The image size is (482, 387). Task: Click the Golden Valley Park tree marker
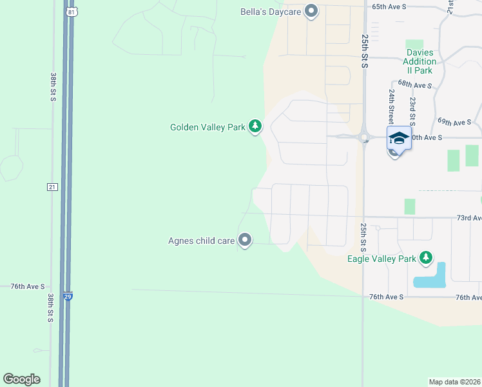(x=256, y=126)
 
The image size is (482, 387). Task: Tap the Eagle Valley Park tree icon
(x=425, y=258)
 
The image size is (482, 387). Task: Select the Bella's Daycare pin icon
(x=312, y=12)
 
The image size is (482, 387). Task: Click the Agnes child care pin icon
(x=245, y=241)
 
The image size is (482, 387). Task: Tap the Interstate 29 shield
(x=68, y=297)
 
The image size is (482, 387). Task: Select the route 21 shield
(x=52, y=186)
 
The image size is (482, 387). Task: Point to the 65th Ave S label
(x=389, y=6)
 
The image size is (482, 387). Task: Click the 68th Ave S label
(x=414, y=84)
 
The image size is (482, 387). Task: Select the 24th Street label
(x=391, y=107)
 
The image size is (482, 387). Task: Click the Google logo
(x=21, y=379)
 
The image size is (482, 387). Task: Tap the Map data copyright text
(x=455, y=382)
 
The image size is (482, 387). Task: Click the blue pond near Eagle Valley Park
(x=432, y=276)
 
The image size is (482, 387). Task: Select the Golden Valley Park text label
(x=207, y=127)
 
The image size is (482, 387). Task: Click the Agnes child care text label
(x=201, y=241)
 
